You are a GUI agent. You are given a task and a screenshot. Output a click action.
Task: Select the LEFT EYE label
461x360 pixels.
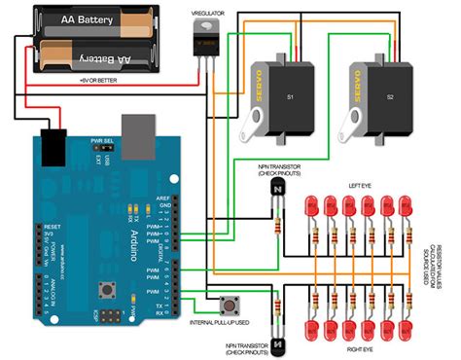point(361,185)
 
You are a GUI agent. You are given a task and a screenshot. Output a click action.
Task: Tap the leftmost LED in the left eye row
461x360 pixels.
point(312,208)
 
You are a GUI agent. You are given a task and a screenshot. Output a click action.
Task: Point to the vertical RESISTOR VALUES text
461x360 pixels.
point(443,259)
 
